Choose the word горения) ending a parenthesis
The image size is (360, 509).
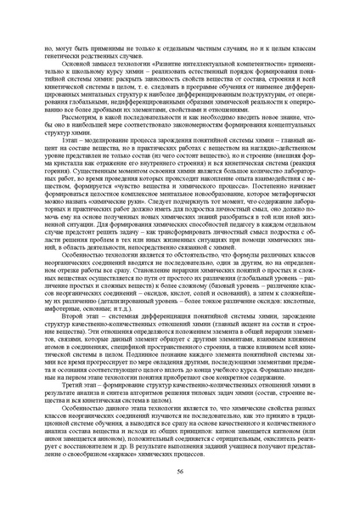tap(47, 174)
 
